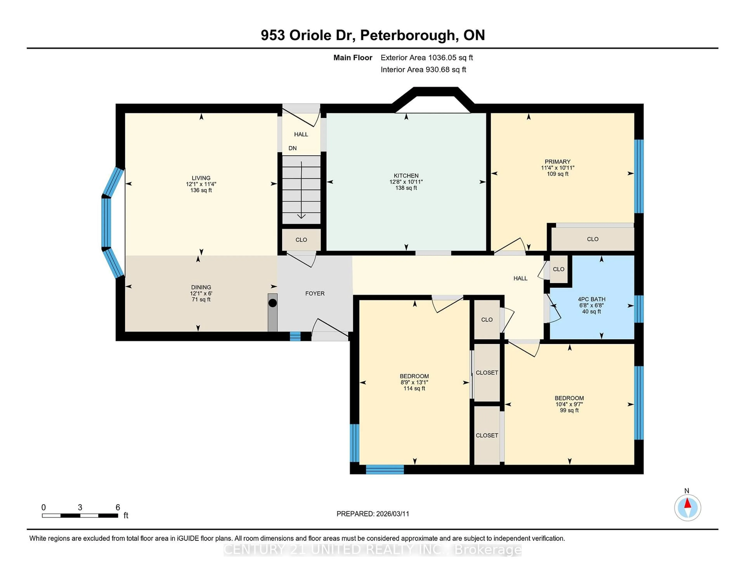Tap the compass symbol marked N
coord(687,507)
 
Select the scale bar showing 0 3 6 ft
coord(80,515)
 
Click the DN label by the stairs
coord(292,148)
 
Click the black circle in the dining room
coord(273,303)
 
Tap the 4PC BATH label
coord(592,299)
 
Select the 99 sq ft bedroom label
coord(569,410)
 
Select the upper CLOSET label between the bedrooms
coord(487,373)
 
